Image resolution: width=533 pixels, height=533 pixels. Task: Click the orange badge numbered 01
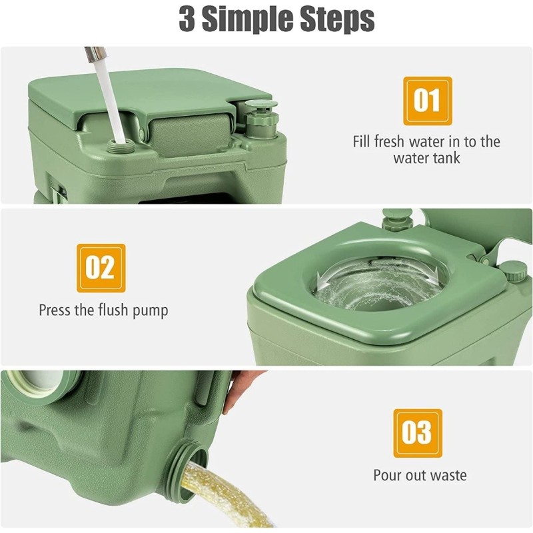click(427, 101)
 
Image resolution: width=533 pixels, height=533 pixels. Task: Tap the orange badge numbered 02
click(101, 268)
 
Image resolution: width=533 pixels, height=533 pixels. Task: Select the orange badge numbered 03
click(418, 433)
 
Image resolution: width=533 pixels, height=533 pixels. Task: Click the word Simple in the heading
click(249, 19)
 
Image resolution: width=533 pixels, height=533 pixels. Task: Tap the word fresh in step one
click(392, 141)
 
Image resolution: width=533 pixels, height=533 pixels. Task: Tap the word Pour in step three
click(386, 475)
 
